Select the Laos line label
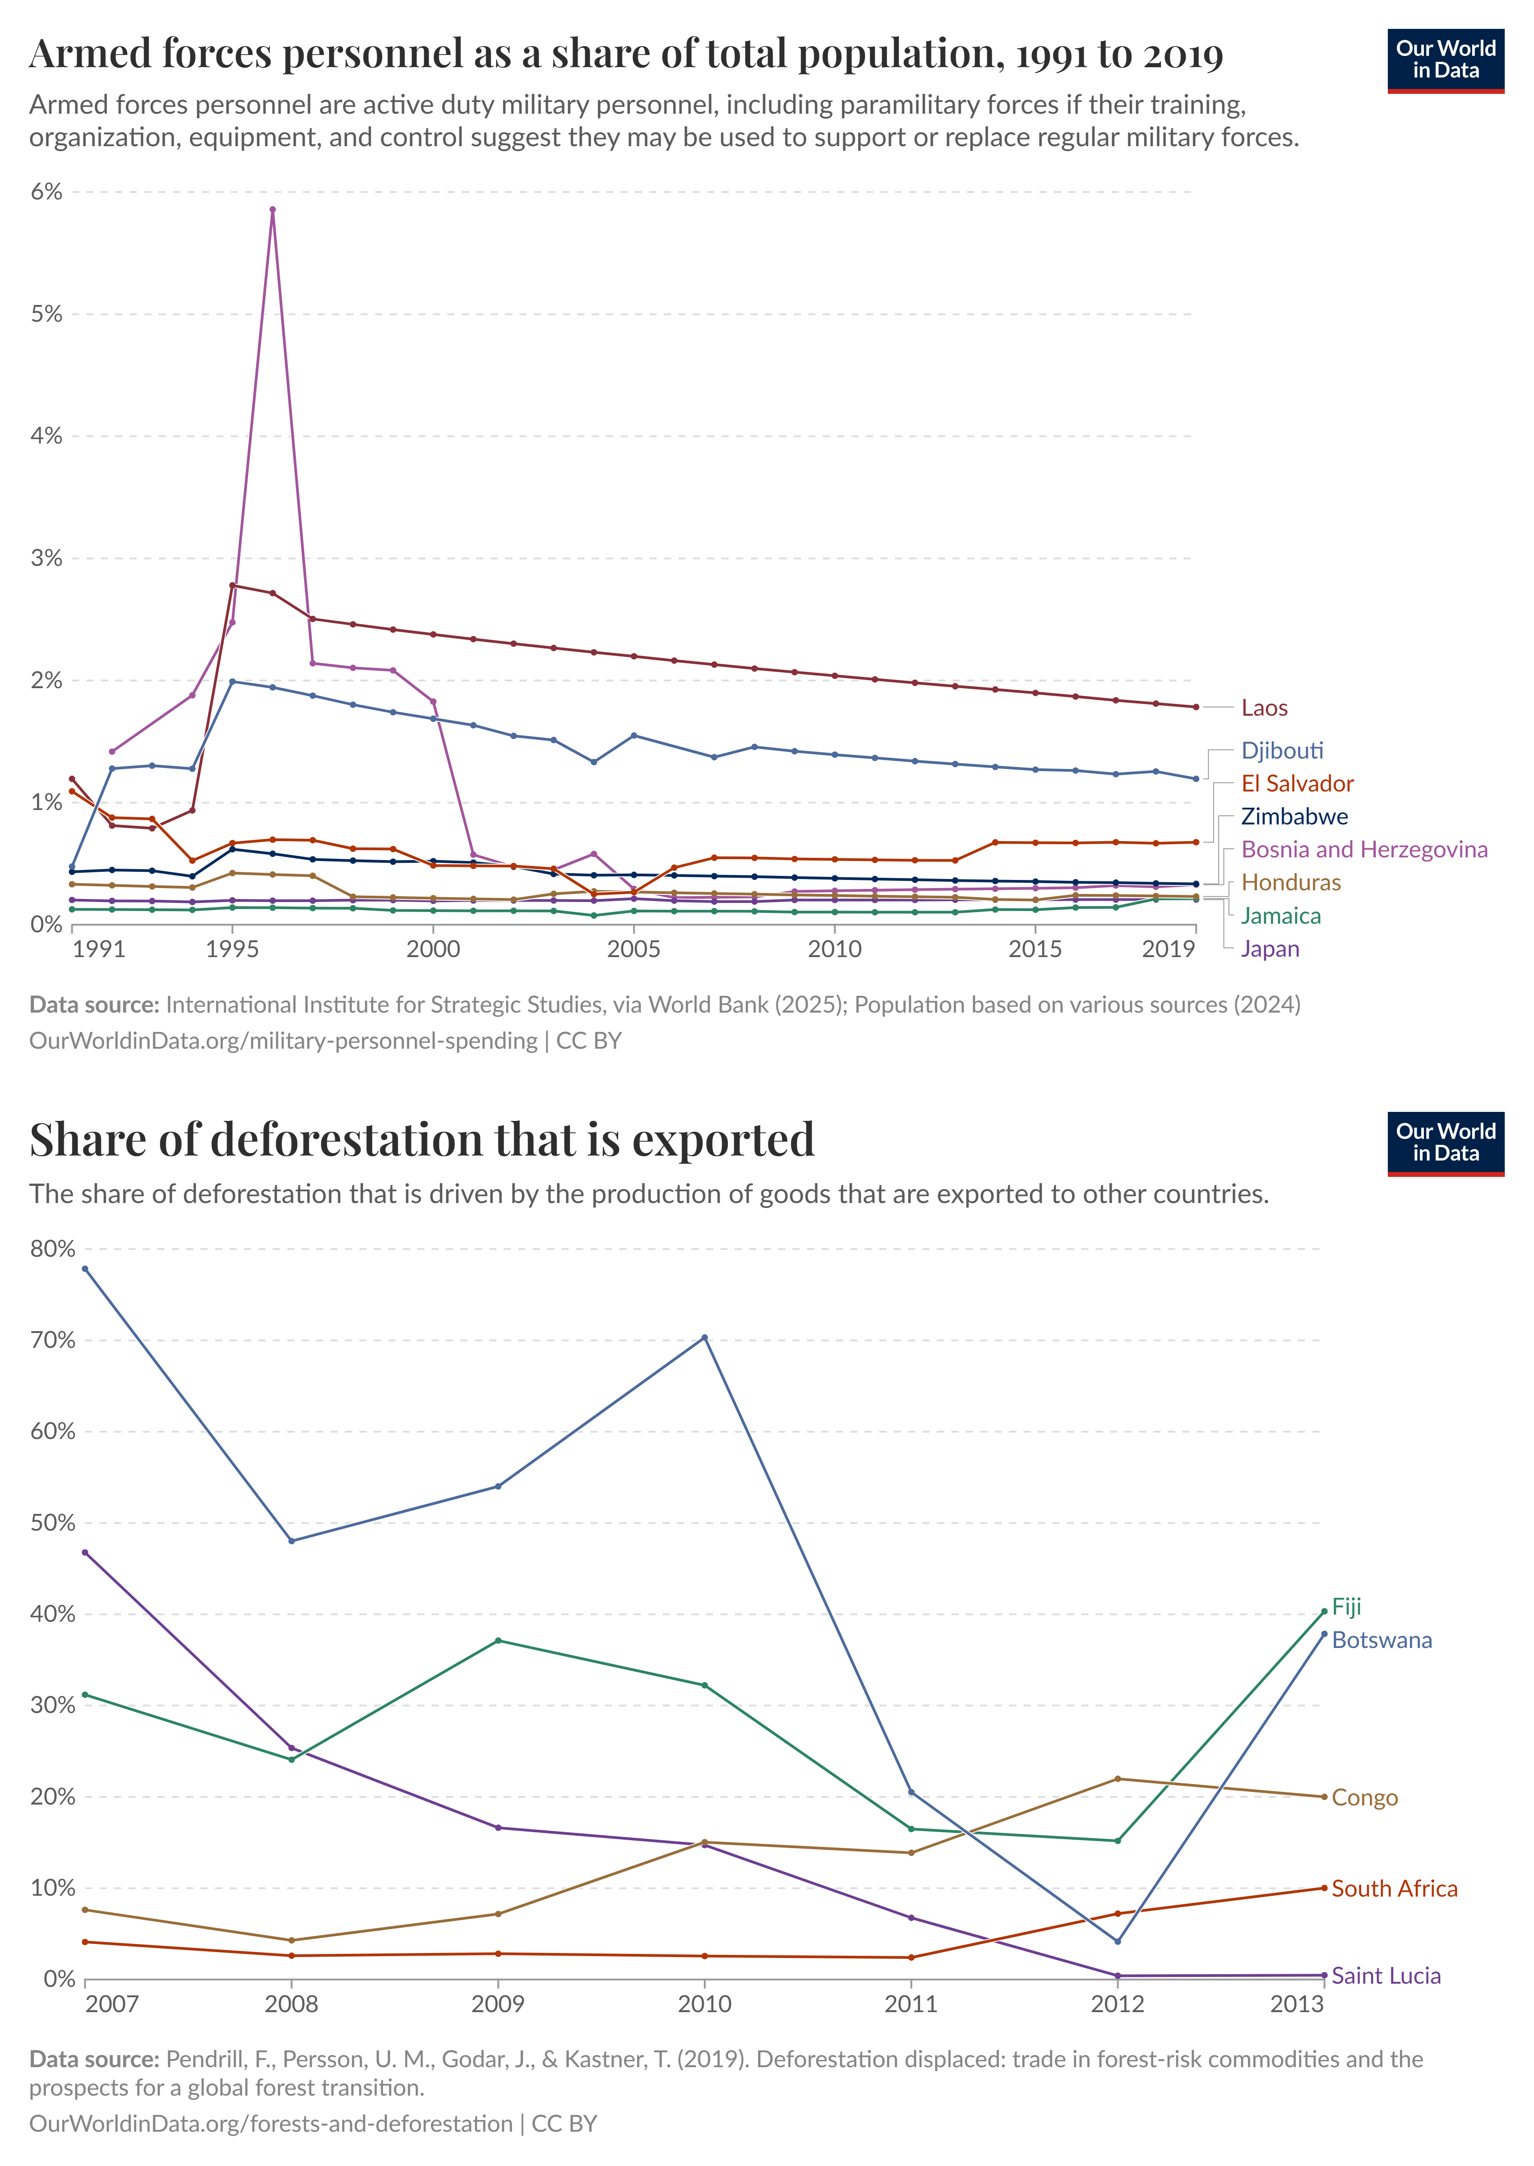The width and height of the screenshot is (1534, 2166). (1264, 708)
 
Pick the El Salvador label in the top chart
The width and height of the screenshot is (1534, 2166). (1297, 783)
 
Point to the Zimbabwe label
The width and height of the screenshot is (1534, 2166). (1294, 816)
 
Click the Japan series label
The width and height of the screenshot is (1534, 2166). (1270, 949)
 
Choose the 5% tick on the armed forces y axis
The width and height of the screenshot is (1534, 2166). (46, 314)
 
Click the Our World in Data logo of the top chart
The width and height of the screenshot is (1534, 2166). (1445, 60)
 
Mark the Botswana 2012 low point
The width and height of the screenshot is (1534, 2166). (1118, 1941)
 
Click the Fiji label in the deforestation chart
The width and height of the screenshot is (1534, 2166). (1346, 1607)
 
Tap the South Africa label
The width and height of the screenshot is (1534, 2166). (1394, 1888)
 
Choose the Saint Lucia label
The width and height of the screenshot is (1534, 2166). (1386, 1975)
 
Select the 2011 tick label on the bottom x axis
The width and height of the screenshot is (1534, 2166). (910, 2004)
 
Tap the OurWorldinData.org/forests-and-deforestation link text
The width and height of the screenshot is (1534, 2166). (271, 2124)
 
